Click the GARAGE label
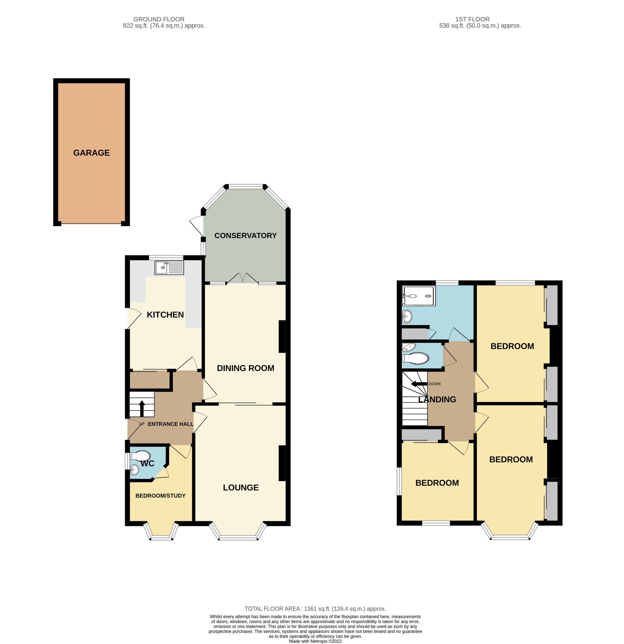point(91,153)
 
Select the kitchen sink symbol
point(169,268)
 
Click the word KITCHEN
point(165,315)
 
